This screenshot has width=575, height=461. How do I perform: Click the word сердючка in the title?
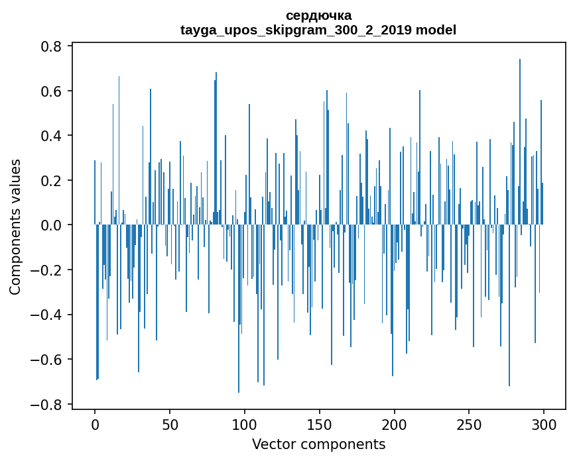pyautogui.click(x=318, y=15)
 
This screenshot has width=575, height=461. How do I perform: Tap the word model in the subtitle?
pyautogui.click(x=437, y=30)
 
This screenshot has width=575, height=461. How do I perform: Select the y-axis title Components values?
pyautogui.click(x=15, y=227)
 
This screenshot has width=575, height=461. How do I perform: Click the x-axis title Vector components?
pyautogui.click(x=318, y=444)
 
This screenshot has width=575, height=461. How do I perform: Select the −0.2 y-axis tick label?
pyautogui.click(x=48, y=270)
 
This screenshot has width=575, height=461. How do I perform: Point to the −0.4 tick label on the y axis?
pyautogui.click(x=48, y=315)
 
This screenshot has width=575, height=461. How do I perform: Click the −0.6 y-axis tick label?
pyautogui.click(x=48, y=360)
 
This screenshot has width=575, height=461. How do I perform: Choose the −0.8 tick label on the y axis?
pyautogui.click(x=48, y=404)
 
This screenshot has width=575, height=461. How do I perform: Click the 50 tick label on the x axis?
pyautogui.click(x=170, y=423)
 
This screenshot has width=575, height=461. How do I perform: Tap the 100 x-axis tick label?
pyautogui.click(x=245, y=423)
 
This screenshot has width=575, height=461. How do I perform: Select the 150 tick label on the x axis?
pyautogui.click(x=320, y=423)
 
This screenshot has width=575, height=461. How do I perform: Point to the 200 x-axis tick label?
pyautogui.click(x=395, y=423)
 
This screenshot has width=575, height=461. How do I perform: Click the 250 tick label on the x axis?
pyautogui.click(x=469, y=423)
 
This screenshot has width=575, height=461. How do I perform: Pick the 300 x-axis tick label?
pyautogui.click(x=544, y=423)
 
